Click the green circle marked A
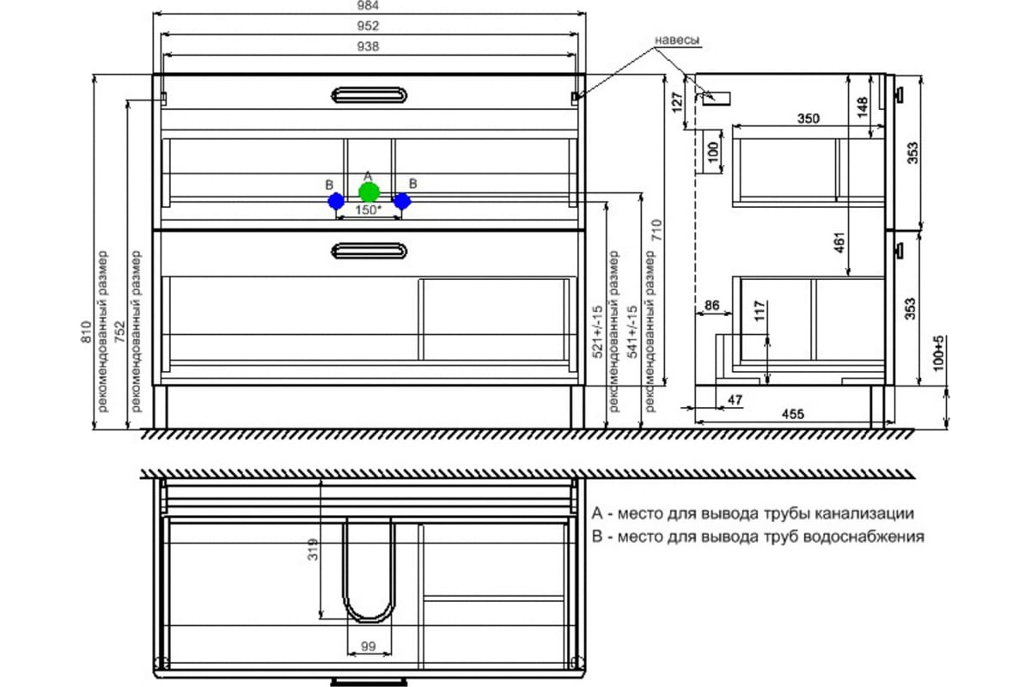point(369,192)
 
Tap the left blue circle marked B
point(336,201)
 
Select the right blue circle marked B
point(402,201)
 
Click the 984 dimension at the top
point(369,6)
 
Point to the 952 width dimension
point(369,27)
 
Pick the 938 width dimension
point(369,46)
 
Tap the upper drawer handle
point(369,94)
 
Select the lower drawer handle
point(369,250)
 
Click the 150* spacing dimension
point(368,210)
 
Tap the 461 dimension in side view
point(841,243)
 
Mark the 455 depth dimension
point(791,415)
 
